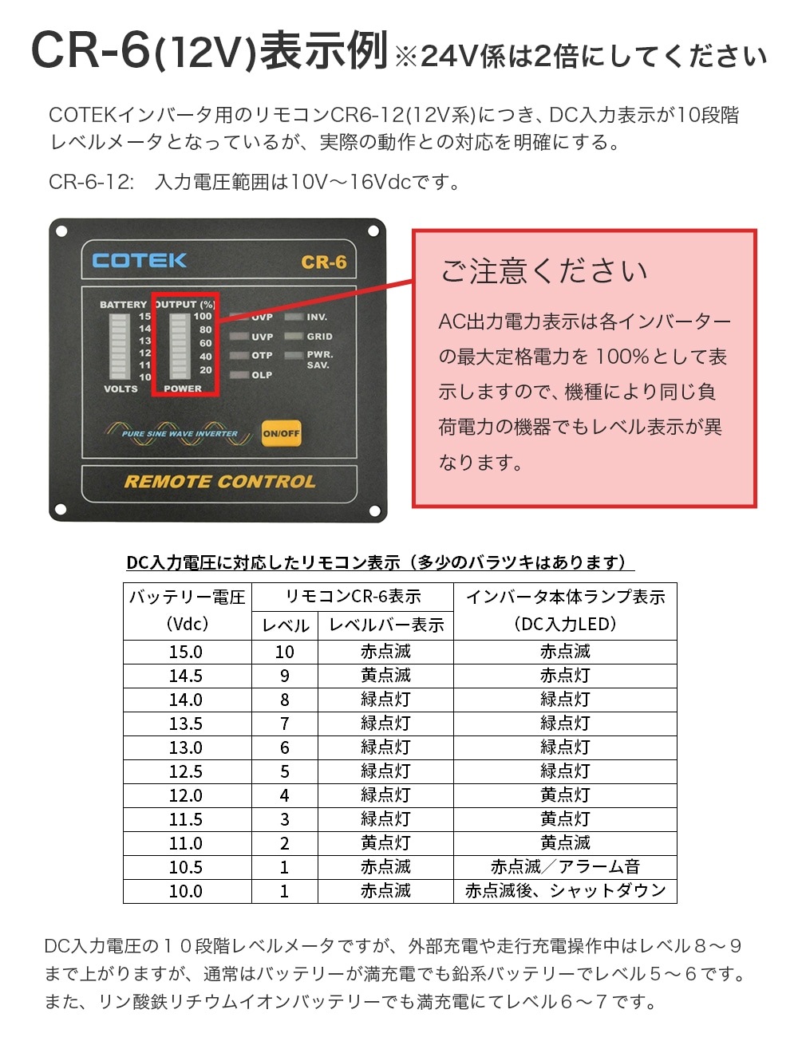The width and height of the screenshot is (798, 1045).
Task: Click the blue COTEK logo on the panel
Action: pyautogui.click(x=139, y=260)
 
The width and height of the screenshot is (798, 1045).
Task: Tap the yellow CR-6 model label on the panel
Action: pyautogui.click(x=324, y=262)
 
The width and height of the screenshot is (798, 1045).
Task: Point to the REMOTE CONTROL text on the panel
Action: pyautogui.click(x=219, y=481)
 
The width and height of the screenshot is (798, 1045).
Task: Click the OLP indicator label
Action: pyautogui.click(x=262, y=375)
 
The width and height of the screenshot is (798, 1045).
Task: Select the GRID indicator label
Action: pyautogui.click(x=319, y=336)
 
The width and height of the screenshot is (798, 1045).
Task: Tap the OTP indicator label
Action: pyautogui.click(x=262, y=355)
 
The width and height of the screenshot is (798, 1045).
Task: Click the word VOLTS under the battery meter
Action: pyautogui.click(x=121, y=388)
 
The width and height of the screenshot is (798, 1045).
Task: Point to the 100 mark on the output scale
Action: pyautogui.click(x=203, y=316)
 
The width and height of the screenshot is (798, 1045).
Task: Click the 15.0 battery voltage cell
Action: pyautogui.click(x=186, y=652)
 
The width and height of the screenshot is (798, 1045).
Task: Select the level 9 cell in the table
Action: pyautogui.click(x=284, y=676)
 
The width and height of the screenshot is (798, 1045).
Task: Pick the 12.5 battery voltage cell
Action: pyautogui.click(x=186, y=771)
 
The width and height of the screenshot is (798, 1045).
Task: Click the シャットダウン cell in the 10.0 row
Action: pyautogui.click(x=565, y=890)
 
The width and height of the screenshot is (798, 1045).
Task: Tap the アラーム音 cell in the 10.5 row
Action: pyautogui.click(x=565, y=866)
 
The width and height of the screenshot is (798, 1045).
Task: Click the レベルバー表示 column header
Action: pyautogui.click(x=386, y=625)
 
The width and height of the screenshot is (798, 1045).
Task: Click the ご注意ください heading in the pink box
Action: pyautogui.click(x=543, y=271)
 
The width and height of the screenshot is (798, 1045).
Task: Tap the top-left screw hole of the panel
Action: pyautogui.click(x=61, y=231)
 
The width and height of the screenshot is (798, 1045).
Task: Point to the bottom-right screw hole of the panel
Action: pyautogui.click(x=375, y=511)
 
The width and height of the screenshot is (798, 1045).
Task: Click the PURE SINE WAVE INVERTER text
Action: pyautogui.click(x=180, y=434)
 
